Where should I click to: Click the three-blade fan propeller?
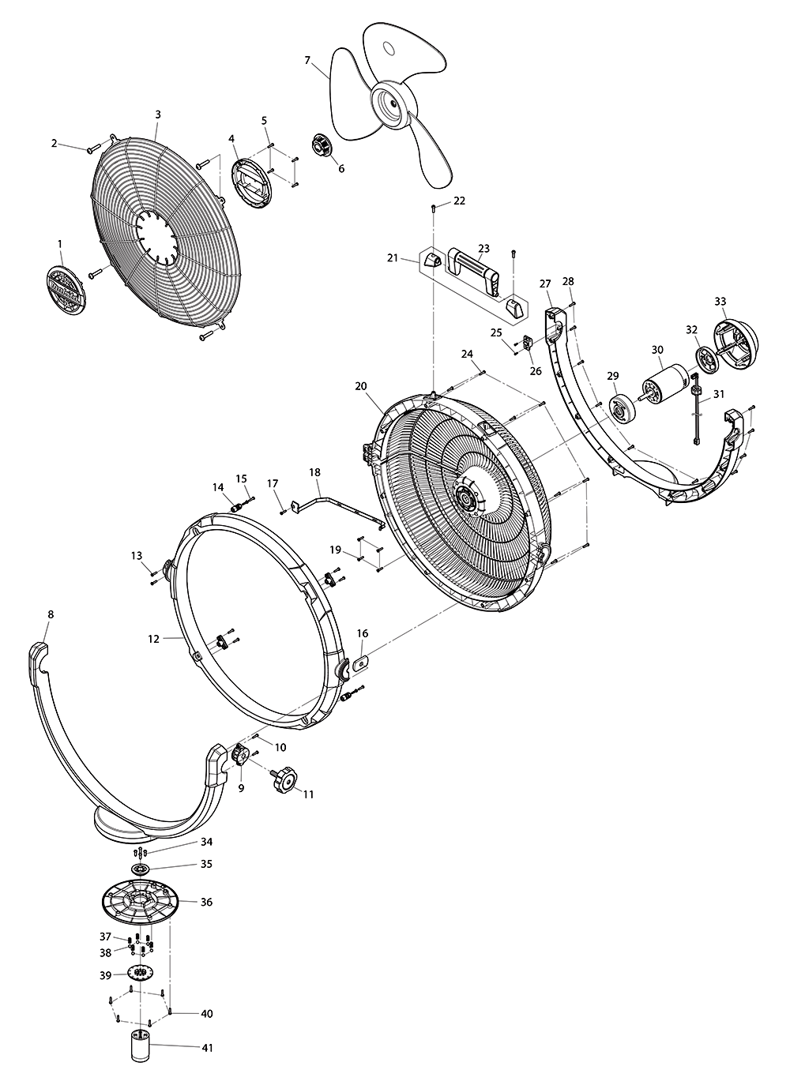coord(390,103)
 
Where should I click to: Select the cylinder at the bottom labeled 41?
coord(141,1048)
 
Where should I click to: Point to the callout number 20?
coord(361,386)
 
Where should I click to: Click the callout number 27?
coord(545,283)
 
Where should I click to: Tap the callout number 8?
coord(51,614)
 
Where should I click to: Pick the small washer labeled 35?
coord(141,869)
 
